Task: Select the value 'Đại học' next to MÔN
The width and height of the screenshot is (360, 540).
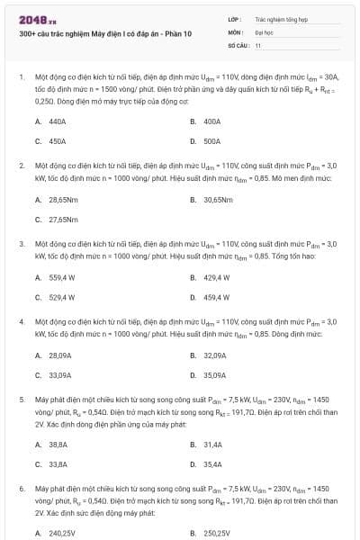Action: [x=265, y=31]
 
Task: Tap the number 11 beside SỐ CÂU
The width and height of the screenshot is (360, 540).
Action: [x=258, y=44]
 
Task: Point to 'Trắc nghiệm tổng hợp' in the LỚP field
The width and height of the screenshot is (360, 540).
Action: [x=278, y=18]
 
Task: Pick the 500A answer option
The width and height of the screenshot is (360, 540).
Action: [x=211, y=141]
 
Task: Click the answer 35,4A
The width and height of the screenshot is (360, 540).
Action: [x=212, y=464]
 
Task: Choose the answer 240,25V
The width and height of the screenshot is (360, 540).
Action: [x=62, y=533]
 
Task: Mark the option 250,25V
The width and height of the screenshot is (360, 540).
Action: [x=217, y=533]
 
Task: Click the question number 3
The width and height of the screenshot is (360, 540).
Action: [x=22, y=244]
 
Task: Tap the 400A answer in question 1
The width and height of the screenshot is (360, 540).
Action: [x=211, y=121]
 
